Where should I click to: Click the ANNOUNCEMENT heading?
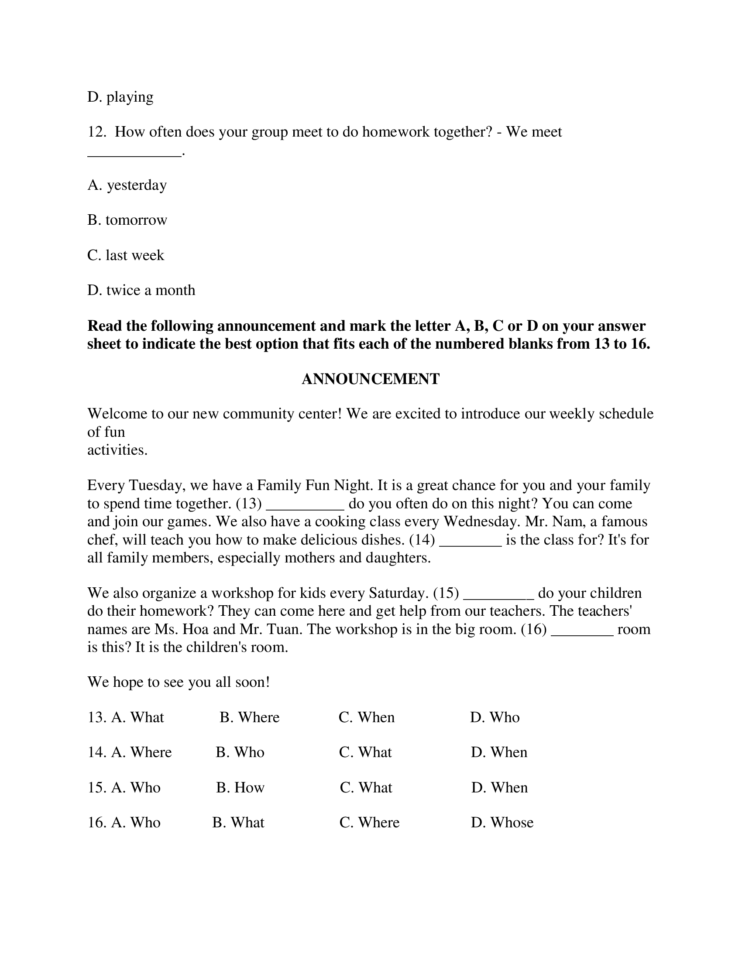[x=370, y=379]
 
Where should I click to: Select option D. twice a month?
[x=141, y=290]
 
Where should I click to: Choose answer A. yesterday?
[x=127, y=185]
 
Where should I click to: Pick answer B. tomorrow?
[x=127, y=220]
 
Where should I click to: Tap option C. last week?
[x=126, y=255]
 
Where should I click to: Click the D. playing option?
[x=120, y=97]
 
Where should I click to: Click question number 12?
[x=96, y=132]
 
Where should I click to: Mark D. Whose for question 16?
[x=502, y=823]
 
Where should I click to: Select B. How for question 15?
[x=240, y=787]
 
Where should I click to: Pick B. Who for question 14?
[x=240, y=752]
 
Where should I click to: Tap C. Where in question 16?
[x=369, y=823]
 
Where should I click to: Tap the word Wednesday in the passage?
[x=479, y=521]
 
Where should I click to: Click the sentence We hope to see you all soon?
[x=179, y=682]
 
